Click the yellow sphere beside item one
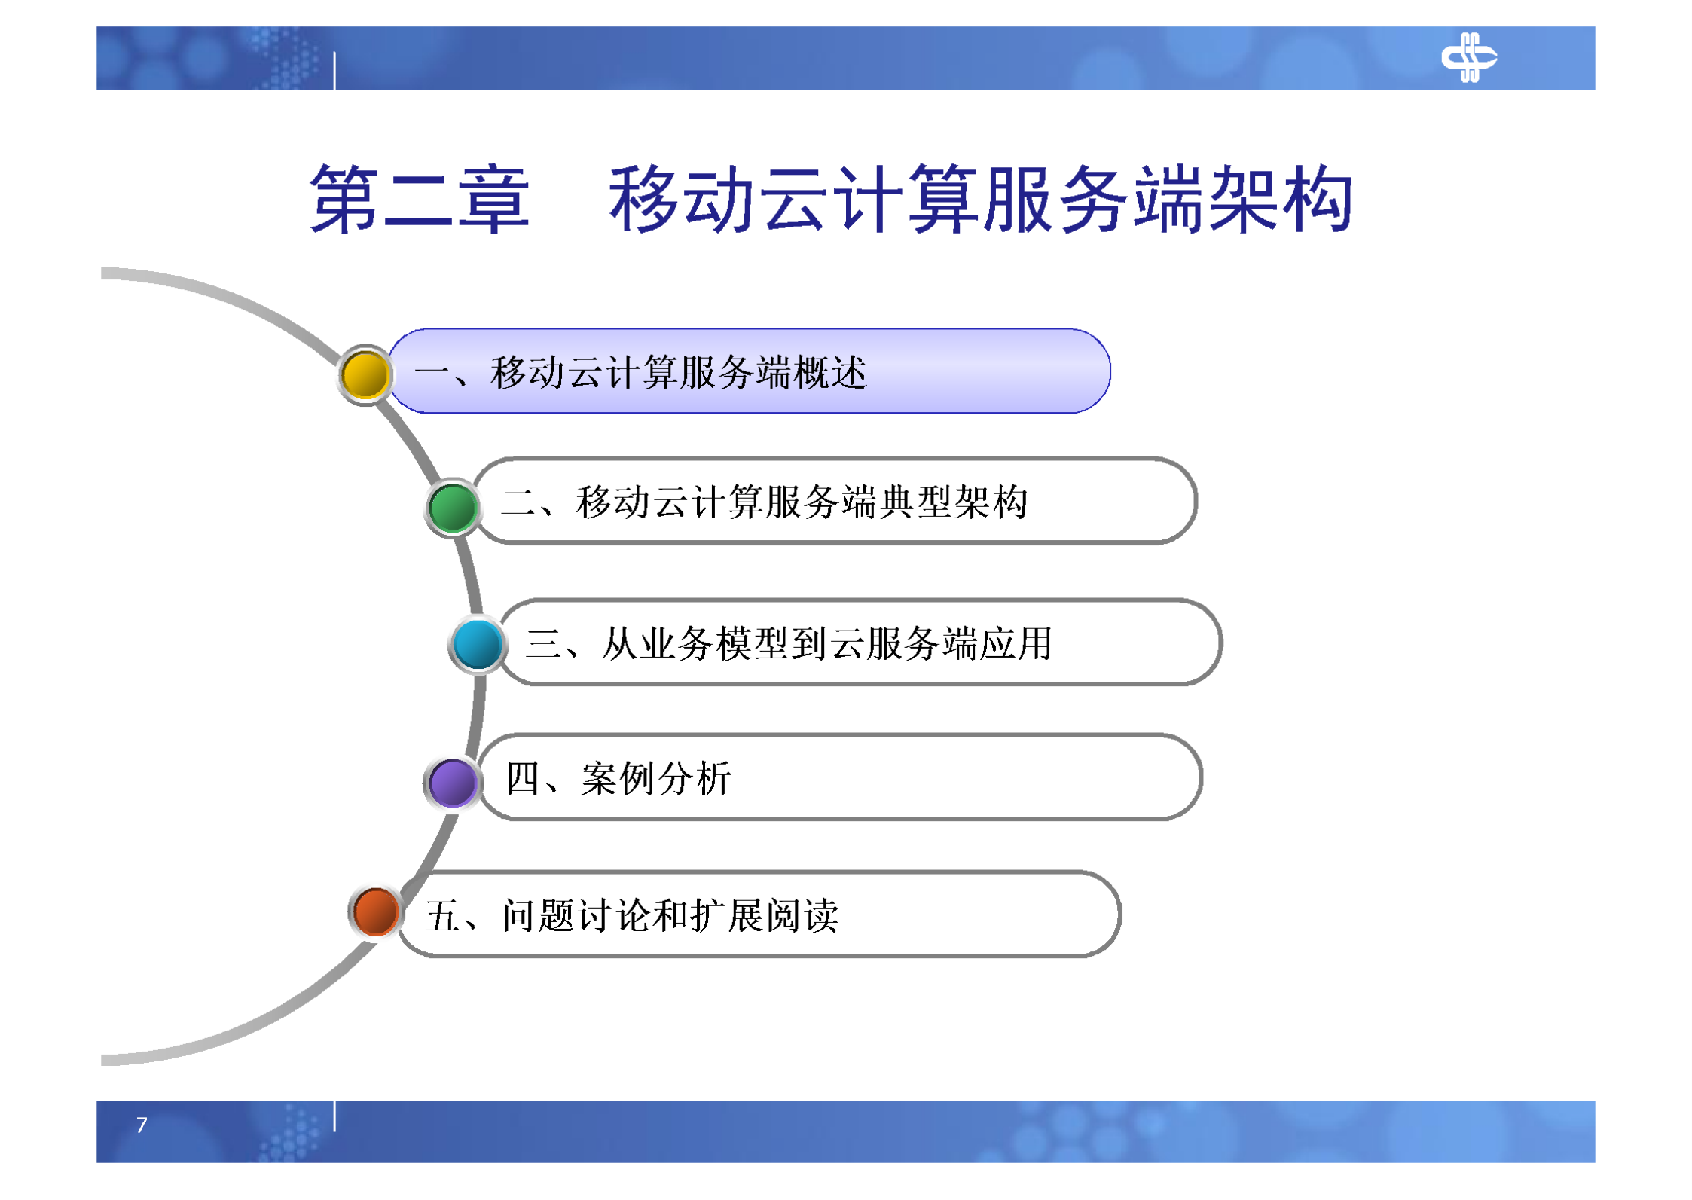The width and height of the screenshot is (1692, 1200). [365, 375]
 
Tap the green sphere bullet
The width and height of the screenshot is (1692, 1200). [453, 508]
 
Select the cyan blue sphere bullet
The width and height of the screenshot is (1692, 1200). [478, 645]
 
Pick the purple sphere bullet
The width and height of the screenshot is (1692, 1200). [452, 783]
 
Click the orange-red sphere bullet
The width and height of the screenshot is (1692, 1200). [375, 912]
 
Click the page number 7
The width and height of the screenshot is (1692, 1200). [142, 1125]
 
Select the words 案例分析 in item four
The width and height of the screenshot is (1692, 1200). [655, 778]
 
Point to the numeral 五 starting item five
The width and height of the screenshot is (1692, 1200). [442, 916]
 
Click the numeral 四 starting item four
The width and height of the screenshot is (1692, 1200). [522, 778]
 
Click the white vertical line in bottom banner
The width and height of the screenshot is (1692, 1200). [334, 1116]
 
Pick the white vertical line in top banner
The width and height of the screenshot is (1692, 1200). [334, 72]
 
